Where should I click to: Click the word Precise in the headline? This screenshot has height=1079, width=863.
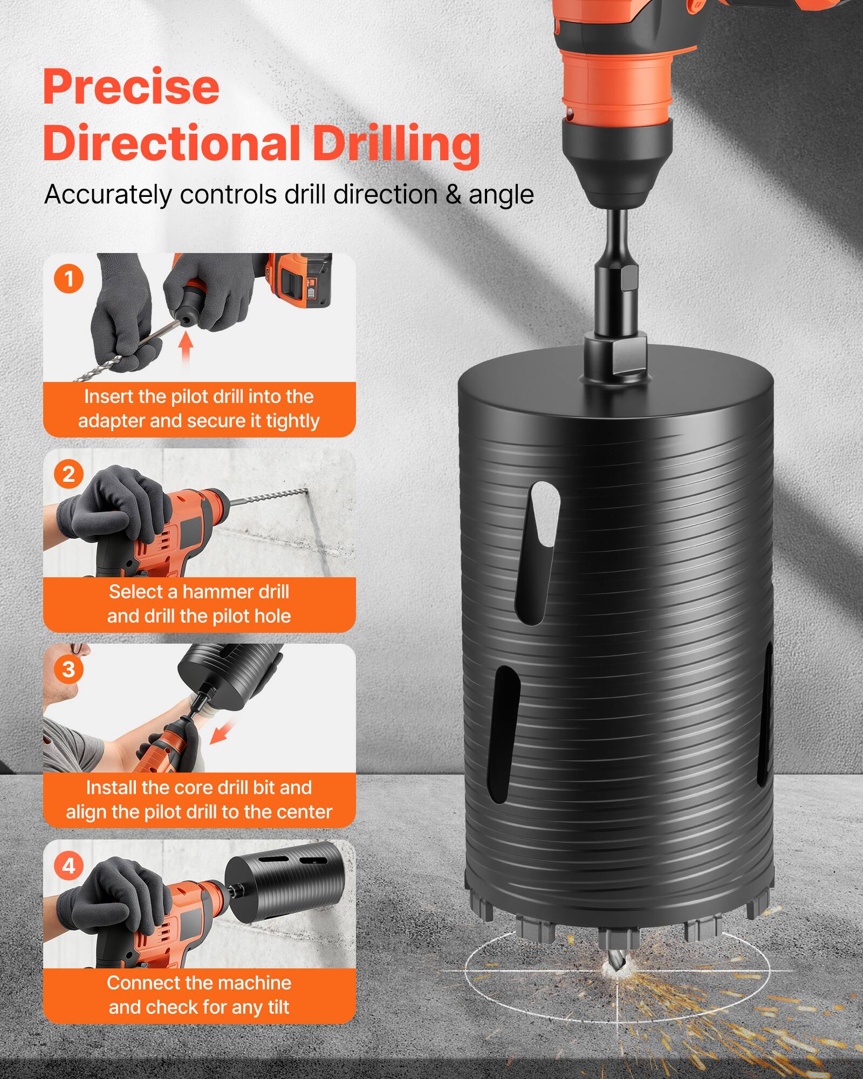[x=131, y=88]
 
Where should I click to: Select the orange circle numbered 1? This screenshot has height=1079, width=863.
[x=69, y=279]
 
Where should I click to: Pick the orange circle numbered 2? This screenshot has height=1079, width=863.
[x=69, y=474]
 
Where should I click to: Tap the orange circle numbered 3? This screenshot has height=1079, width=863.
[x=69, y=670]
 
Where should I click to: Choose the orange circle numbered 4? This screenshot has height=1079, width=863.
[x=69, y=866]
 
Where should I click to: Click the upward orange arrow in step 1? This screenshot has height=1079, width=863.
[x=186, y=349]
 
